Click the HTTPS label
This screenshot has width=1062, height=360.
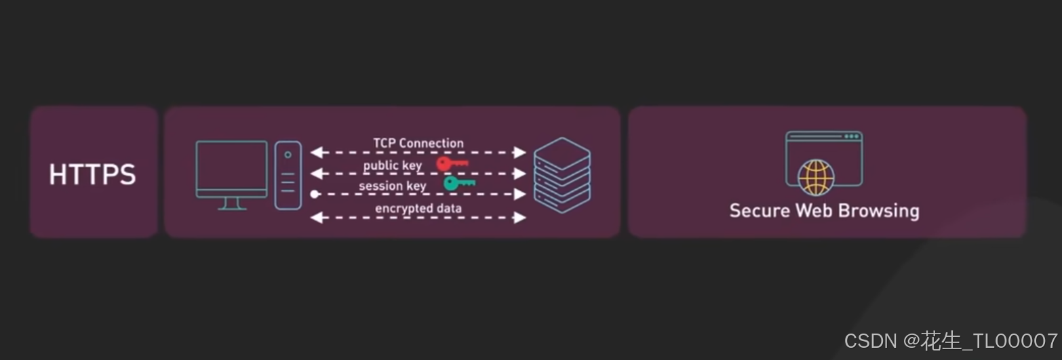[92, 175]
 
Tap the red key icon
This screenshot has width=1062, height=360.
[452, 163]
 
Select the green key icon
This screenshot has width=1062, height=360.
[459, 183]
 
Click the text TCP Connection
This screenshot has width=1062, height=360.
[418, 143]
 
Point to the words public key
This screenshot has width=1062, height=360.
[392, 165]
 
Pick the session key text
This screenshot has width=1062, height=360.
[392, 186]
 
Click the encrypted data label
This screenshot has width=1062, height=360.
[418, 208]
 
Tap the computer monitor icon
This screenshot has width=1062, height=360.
[232, 169]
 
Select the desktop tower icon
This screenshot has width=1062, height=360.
[288, 175]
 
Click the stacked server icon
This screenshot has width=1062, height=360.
[562, 175]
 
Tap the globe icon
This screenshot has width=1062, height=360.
[816, 176]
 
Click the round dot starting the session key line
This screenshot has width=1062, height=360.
[315, 195]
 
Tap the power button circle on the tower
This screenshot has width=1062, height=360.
[288, 155]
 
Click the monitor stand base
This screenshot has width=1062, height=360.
[232, 207]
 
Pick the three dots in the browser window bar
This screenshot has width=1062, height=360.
[850, 136]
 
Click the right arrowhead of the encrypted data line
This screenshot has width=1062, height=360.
[520, 218]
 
